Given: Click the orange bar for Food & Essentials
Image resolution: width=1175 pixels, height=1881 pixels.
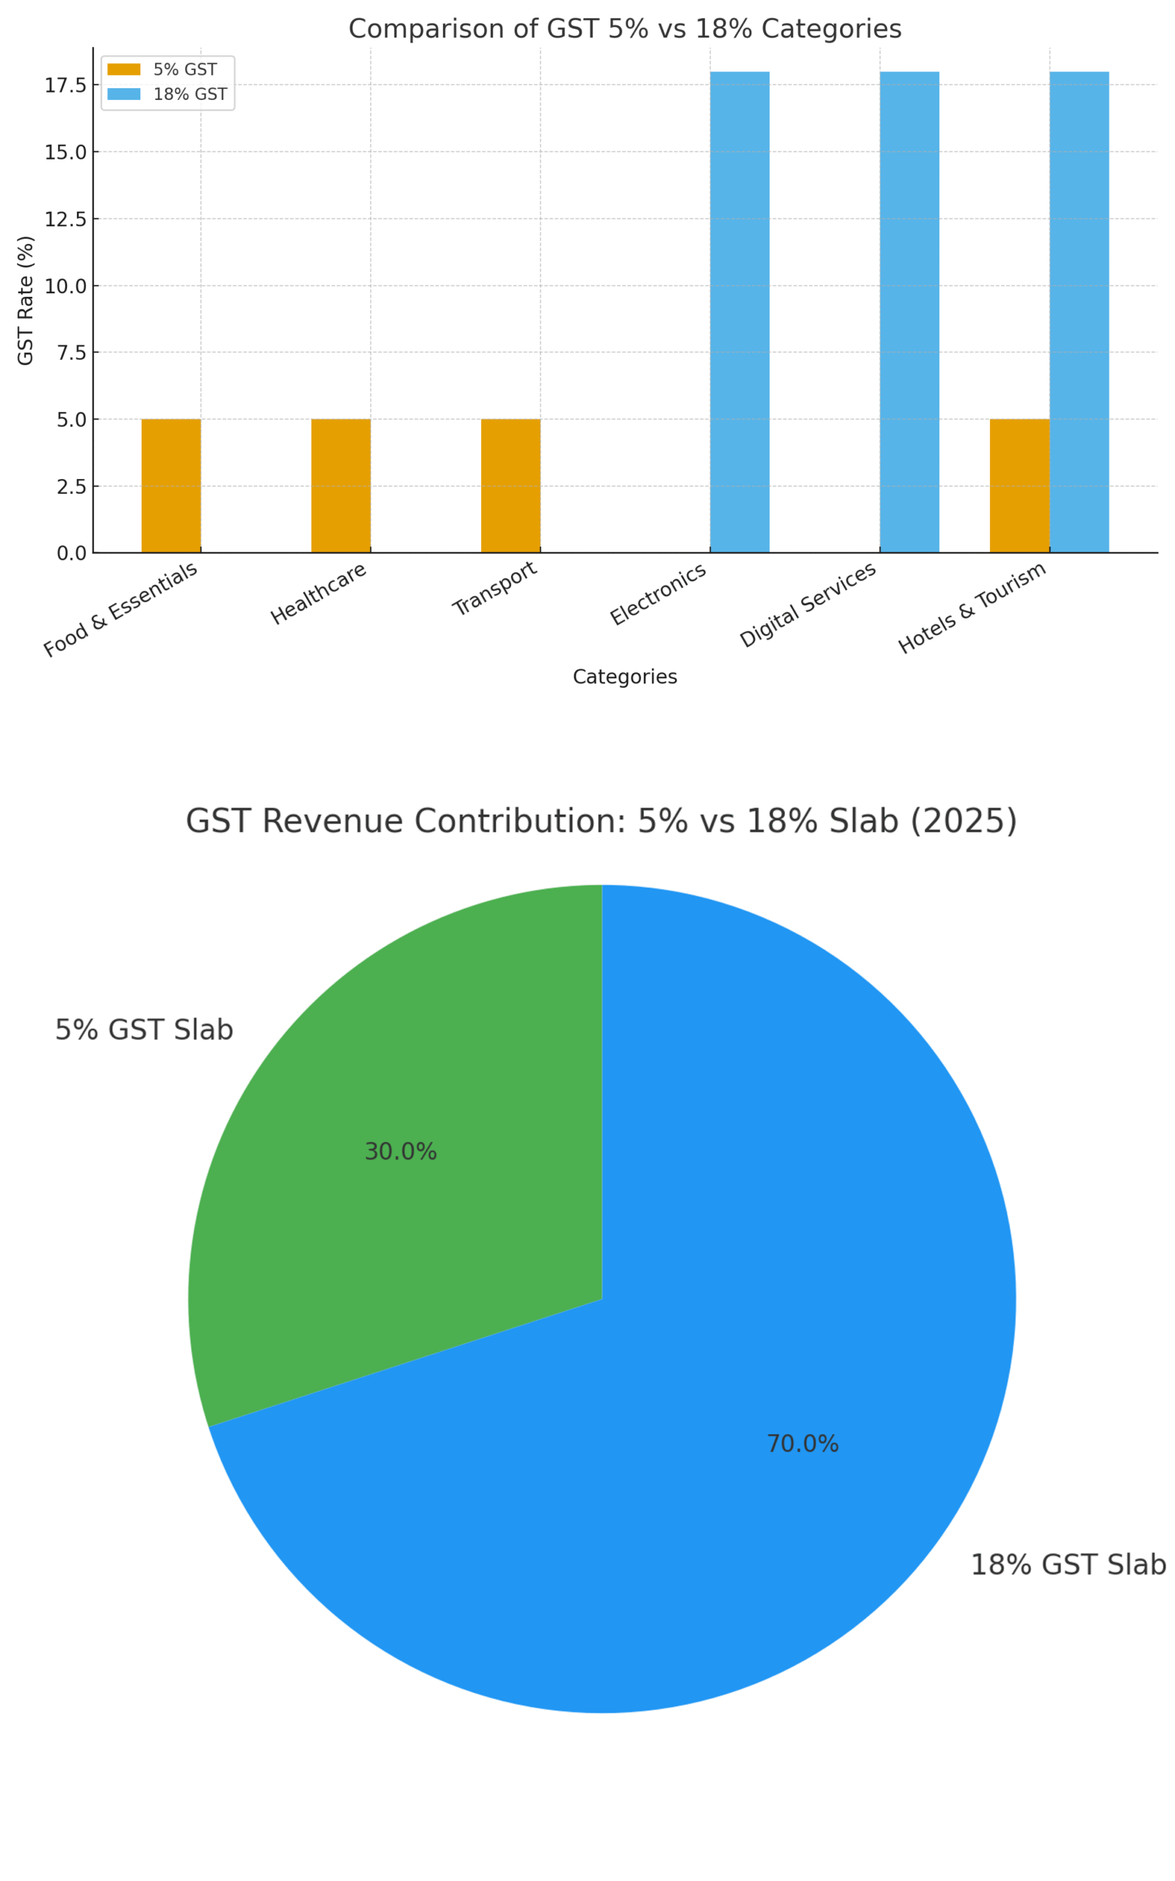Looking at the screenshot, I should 171,486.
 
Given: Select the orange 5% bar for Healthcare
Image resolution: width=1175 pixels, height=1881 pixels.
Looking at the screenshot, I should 340,486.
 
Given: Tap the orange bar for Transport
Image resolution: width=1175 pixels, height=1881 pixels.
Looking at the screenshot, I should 510,486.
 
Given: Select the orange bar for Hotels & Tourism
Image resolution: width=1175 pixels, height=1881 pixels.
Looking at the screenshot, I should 1019,486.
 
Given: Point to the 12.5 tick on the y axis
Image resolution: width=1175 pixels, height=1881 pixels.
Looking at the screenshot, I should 65,219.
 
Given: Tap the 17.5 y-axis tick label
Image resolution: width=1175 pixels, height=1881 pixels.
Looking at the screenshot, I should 65,85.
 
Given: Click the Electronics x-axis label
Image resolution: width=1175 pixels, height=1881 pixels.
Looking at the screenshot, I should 658,594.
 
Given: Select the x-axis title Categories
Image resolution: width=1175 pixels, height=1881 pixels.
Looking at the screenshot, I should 625,677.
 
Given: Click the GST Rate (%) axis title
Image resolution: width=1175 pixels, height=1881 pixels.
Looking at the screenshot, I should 26,300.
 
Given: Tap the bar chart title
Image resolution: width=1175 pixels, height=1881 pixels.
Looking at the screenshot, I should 625,29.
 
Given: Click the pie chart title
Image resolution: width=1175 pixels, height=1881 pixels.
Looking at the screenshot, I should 601,821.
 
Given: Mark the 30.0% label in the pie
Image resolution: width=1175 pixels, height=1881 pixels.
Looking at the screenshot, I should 401,1152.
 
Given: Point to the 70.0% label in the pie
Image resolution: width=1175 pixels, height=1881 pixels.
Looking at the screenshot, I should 803,1444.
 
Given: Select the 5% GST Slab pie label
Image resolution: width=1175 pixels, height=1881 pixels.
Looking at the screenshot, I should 144,1030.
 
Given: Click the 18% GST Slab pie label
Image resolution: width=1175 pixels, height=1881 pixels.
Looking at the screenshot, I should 1069,1564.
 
